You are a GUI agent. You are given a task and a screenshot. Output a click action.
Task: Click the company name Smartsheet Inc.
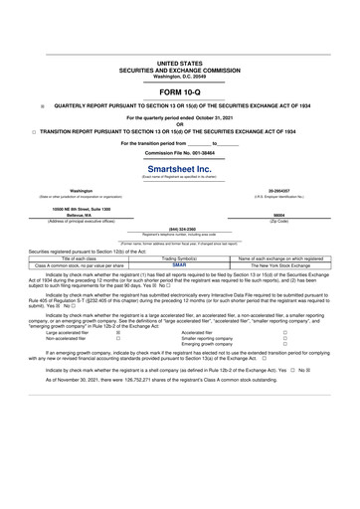coord(179,169)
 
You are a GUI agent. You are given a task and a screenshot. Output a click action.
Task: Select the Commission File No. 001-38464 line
coord(179,154)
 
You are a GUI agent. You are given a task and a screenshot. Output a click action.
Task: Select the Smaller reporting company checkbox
coord(284,340)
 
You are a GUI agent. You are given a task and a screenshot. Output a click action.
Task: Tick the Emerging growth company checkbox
coord(284,347)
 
